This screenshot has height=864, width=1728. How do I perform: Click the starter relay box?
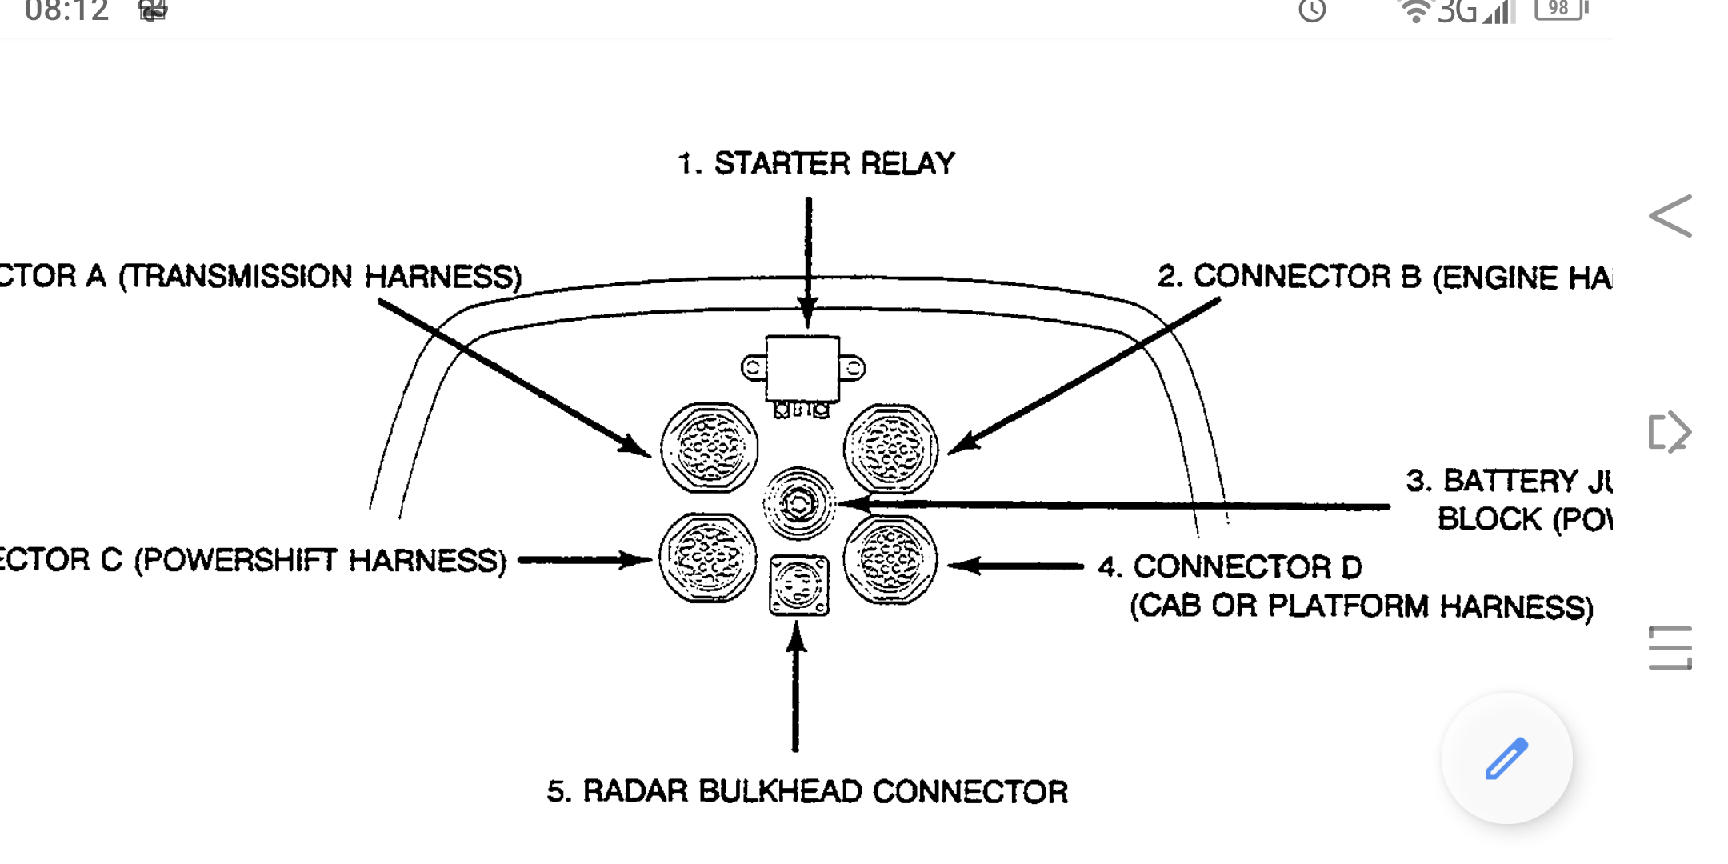[x=802, y=368]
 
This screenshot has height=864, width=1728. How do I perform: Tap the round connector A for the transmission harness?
[x=709, y=447]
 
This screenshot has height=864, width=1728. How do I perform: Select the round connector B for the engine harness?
[x=890, y=448]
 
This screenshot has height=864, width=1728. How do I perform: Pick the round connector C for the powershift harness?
[x=708, y=558]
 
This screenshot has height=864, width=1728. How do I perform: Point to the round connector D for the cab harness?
[x=890, y=559]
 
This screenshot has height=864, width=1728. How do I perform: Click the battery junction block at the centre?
[x=798, y=504]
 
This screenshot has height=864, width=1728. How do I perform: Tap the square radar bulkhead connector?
[x=798, y=586]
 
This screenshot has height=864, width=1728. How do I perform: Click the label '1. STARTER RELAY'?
[x=816, y=163]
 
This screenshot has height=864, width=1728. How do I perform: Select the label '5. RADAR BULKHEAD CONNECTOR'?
[x=806, y=791]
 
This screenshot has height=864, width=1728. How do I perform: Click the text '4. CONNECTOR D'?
[x=1230, y=566]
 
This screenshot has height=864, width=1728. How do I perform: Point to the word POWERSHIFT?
[x=240, y=560]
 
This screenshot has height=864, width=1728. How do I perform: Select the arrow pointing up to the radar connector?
[x=795, y=688]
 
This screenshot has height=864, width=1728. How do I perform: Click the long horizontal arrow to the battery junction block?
[x=1120, y=506]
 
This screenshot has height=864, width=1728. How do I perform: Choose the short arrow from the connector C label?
[x=584, y=559]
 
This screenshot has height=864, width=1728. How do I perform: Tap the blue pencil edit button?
[x=1506, y=758]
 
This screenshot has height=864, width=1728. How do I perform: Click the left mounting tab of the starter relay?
[x=753, y=368]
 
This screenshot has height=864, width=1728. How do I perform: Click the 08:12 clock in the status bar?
[x=66, y=11]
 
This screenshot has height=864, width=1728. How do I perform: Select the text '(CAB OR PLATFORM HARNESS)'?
[x=1361, y=606]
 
